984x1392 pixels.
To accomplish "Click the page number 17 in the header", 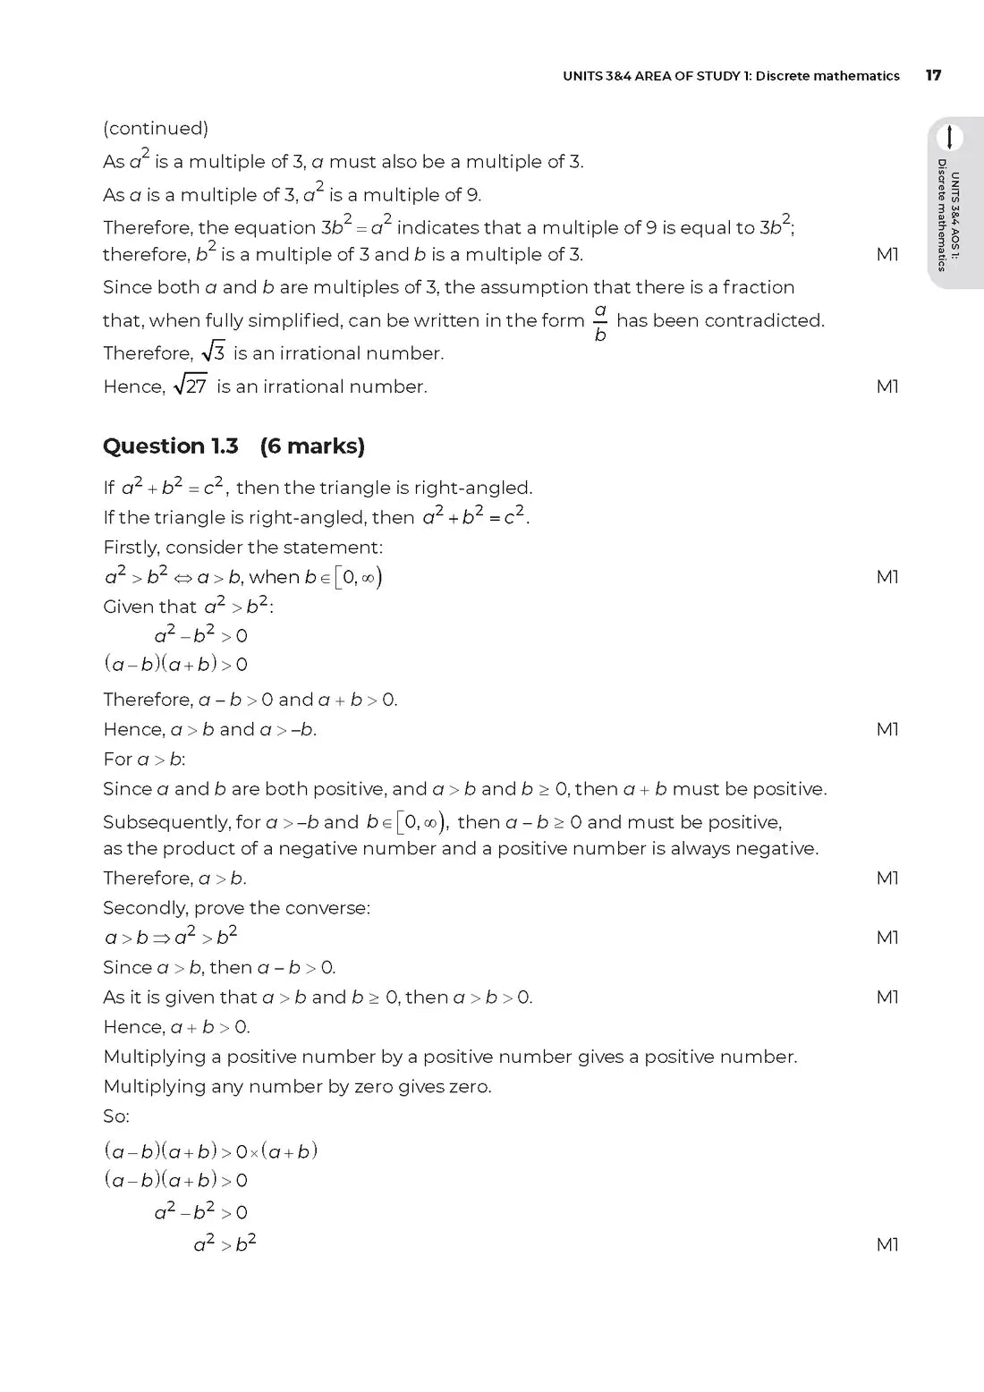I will click(x=933, y=75).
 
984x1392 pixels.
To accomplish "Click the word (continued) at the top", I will click(x=156, y=128).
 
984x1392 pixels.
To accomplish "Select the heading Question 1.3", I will click(x=171, y=446).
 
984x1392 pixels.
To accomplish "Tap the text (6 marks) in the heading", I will click(x=312, y=446).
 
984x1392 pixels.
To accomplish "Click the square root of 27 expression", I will click(x=191, y=386).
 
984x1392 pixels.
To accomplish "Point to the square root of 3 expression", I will click(x=214, y=352).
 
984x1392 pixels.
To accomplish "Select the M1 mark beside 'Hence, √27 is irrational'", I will click(x=887, y=386).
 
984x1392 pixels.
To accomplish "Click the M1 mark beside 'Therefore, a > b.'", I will click(x=887, y=878).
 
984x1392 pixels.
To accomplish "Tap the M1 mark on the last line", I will click(x=887, y=1244).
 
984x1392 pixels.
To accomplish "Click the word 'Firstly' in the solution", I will click(x=131, y=547).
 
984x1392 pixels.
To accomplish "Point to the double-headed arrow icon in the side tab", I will click(x=949, y=137).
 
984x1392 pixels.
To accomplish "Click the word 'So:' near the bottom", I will click(x=116, y=1116).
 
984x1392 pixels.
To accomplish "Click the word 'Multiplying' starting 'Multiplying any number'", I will click(x=154, y=1086).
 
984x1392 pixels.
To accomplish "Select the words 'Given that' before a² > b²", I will click(x=149, y=607).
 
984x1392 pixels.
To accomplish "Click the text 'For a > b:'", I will click(x=144, y=759).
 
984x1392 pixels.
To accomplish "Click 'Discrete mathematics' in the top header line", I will click(x=827, y=76).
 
